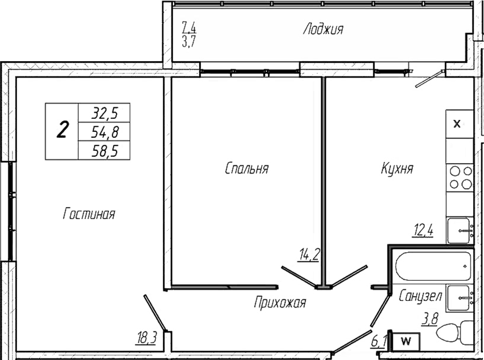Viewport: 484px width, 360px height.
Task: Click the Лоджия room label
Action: click(x=323, y=29)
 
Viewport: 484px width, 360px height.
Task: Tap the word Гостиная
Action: click(x=89, y=214)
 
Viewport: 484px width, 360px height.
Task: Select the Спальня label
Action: click(x=247, y=169)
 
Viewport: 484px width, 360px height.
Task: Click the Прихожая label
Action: click(x=280, y=303)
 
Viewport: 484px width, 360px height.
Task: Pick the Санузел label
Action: click(x=420, y=297)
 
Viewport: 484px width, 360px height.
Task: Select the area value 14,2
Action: click(x=308, y=253)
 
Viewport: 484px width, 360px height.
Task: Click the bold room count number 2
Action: click(x=62, y=131)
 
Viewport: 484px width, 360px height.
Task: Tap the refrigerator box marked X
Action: click(x=457, y=124)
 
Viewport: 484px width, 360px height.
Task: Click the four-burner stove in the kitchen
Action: click(x=460, y=178)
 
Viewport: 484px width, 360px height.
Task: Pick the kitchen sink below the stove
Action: click(x=460, y=230)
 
